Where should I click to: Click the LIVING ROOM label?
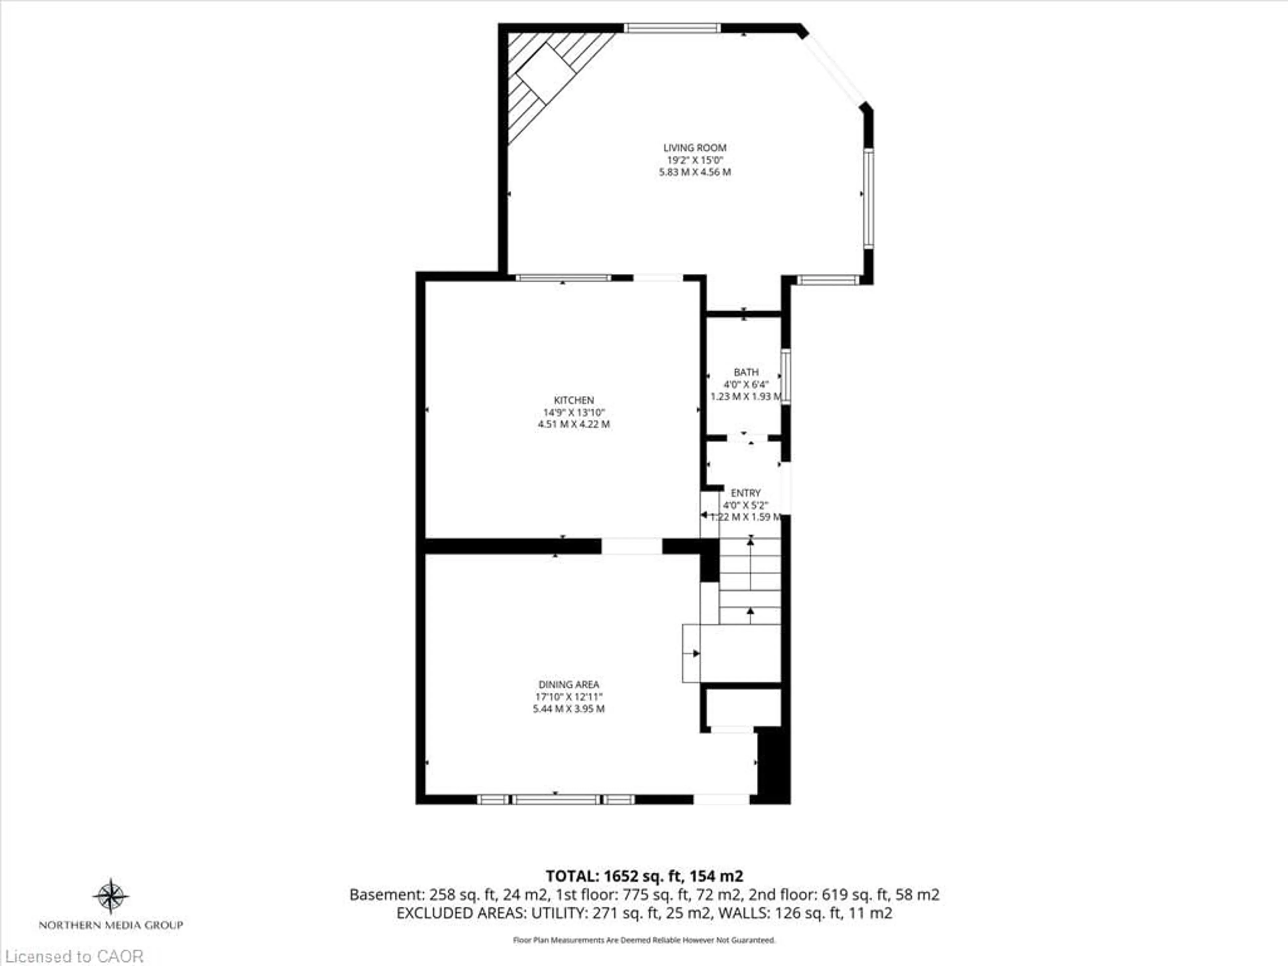tap(695, 148)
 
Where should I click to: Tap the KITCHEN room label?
tap(574, 400)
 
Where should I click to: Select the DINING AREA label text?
tap(568, 685)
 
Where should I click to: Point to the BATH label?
tap(746, 372)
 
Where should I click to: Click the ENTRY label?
tap(746, 493)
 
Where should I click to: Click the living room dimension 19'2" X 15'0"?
tap(695, 160)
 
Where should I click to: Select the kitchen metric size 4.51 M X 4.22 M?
tap(574, 425)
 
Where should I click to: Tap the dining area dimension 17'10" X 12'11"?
tap(568, 697)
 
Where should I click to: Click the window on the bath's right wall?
tap(786, 376)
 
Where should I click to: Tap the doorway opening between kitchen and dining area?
tap(632, 546)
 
